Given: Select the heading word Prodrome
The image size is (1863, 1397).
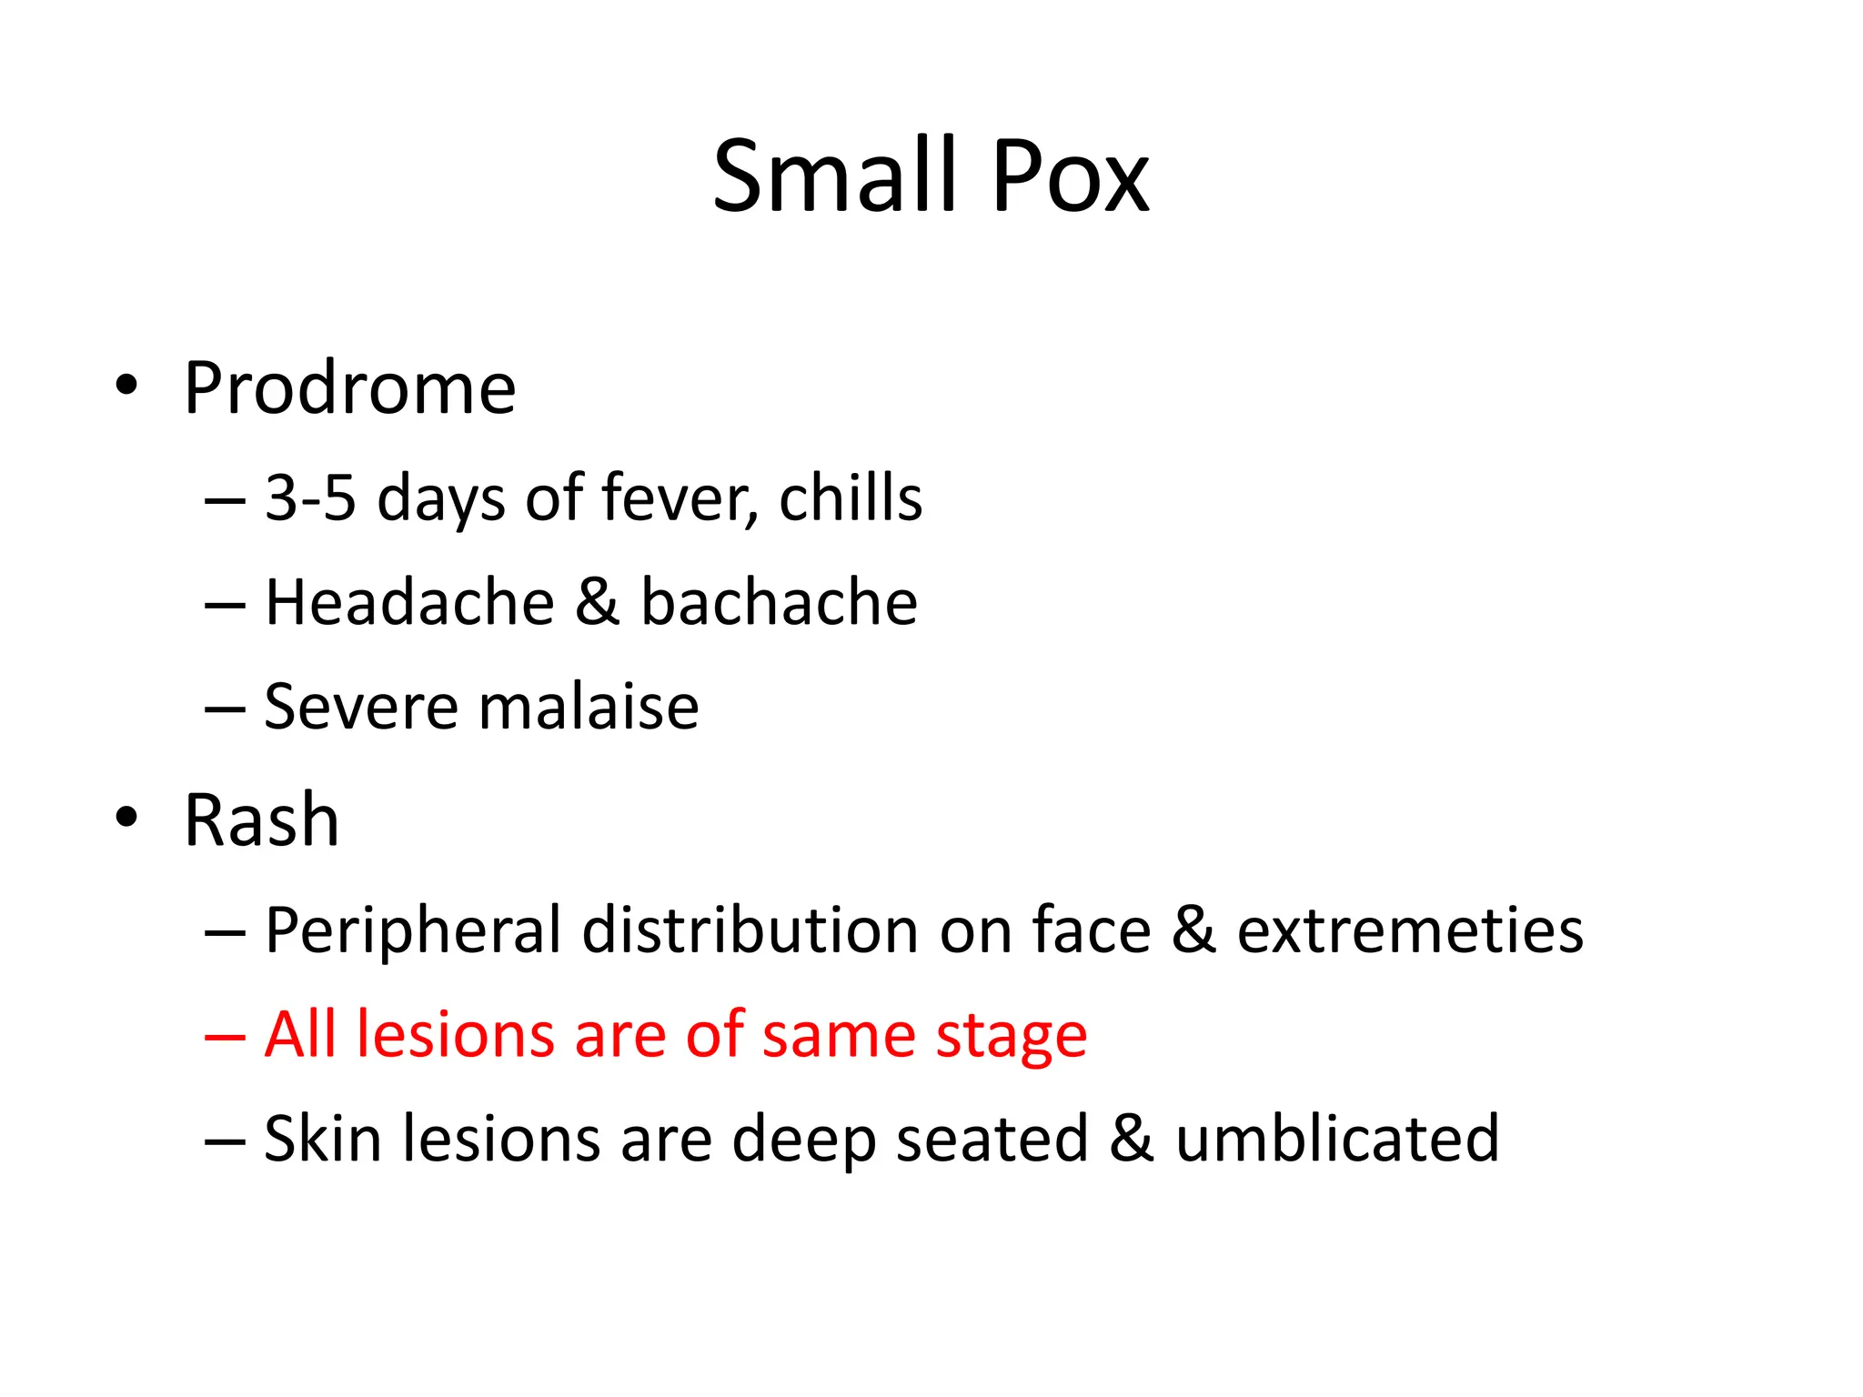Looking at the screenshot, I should [349, 388].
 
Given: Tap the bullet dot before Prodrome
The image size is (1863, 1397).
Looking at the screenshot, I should [126, 385].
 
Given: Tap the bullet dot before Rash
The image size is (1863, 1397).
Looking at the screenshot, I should [126, 816].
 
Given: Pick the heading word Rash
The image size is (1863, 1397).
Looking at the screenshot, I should [261, 820].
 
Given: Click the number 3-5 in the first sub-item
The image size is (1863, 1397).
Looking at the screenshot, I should [309, 498].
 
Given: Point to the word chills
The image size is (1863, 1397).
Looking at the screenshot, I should [851, 498].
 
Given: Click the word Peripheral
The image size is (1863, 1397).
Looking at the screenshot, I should [413, 930].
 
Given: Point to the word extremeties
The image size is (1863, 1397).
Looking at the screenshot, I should [1410, 930].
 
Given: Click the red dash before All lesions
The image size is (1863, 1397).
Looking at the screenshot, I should [225, 1037].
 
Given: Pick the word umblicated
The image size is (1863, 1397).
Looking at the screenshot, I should [1337, 1139].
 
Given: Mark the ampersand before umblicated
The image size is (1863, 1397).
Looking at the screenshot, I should [1132, 1139].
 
